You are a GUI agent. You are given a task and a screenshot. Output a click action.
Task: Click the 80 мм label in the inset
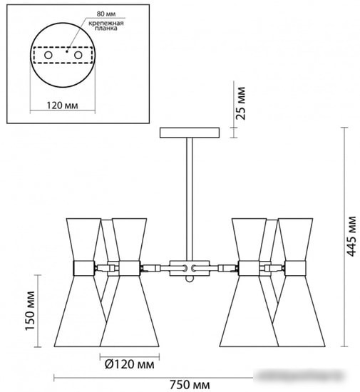[106, 14]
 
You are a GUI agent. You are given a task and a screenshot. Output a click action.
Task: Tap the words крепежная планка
[106, 26]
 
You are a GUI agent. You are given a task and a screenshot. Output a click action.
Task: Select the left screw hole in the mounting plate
[48, 55]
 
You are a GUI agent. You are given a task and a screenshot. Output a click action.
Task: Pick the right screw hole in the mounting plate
[78, 55]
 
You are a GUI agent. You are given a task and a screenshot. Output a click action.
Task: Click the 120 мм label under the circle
[62, 105]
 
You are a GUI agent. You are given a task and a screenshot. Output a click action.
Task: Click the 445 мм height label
[351, 236]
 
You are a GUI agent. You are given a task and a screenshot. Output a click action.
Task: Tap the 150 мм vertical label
[30, 311]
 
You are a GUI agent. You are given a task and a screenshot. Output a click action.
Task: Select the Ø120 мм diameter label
[130, 364]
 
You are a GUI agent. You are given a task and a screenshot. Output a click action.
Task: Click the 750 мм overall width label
[190, 384]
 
